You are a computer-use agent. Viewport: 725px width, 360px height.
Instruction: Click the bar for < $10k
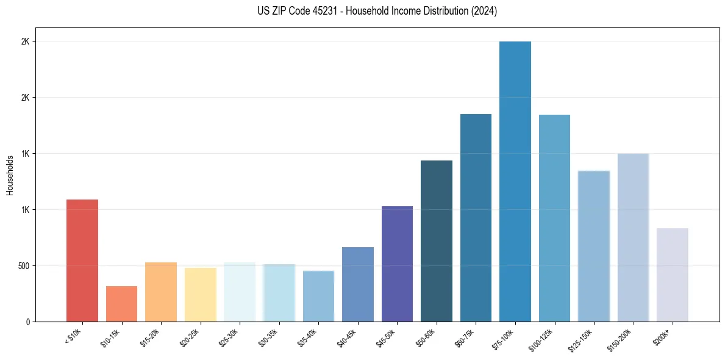(x=82, y=261)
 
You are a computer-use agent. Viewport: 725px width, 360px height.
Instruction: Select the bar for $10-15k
(x=121, y=304)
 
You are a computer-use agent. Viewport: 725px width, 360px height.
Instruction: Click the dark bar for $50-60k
(x=437, y=241)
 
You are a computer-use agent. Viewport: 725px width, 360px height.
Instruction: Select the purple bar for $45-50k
(x=397, y=264)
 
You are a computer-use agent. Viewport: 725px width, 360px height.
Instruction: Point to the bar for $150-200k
(x=633, y=237)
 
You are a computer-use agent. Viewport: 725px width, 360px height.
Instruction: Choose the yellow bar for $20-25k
(x=201, y=295)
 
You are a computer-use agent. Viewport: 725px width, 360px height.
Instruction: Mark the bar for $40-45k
(x=358, y=284)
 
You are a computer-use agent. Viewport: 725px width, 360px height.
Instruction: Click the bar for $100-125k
(x=554, y=218)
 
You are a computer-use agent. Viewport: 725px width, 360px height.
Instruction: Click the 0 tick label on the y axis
(x=27, y=322)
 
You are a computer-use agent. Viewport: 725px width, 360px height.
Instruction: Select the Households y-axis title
(x=10, y=175)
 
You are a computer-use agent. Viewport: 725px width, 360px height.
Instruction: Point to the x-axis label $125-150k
(x=580, y=339)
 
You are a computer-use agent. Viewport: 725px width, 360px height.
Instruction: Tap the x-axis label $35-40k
(x=307, y=337)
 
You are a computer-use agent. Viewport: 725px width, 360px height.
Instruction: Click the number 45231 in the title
(x=324, y=11)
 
